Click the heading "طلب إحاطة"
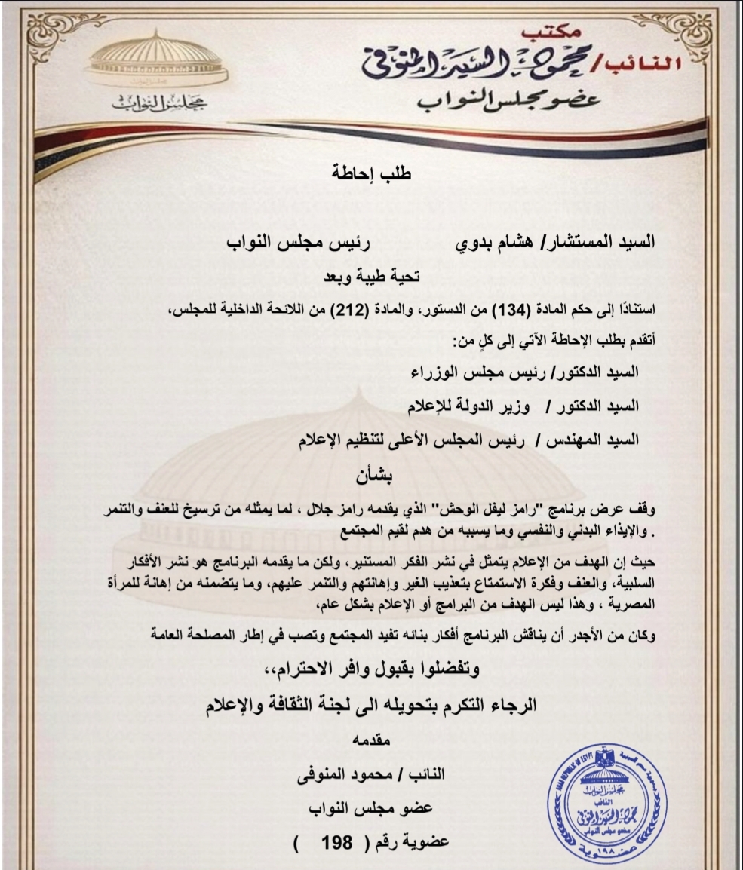pos(372,172)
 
